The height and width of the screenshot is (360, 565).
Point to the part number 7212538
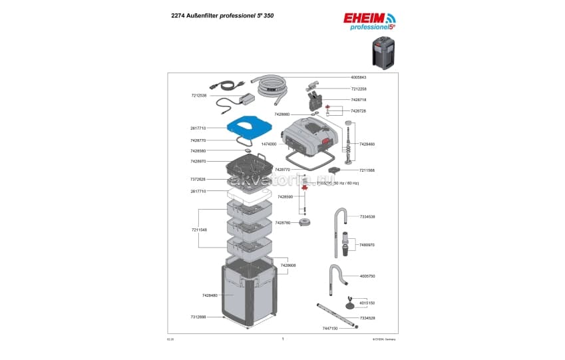click(198, 95)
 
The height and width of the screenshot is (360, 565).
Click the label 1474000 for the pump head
click(270, 144)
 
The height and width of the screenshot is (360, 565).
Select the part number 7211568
click(367, 170)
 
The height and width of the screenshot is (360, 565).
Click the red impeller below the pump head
click(305, 188)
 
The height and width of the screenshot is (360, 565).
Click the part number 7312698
click(198, 317)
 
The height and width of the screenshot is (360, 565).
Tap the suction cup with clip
click(349, 305)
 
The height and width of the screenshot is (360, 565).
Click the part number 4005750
click(367, 275)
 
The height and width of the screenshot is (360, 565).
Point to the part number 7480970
click(367, 245)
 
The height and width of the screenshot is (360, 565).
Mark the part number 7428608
click(288, 265)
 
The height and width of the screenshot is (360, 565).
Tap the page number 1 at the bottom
click(282, 339)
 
